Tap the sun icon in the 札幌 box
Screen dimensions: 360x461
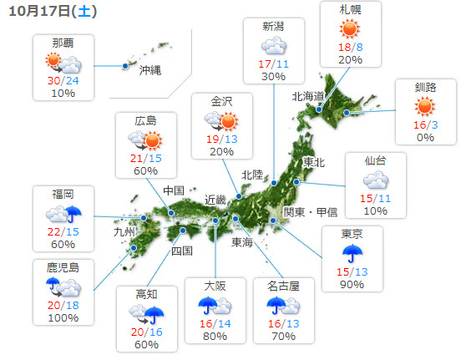click(x=351, y=30)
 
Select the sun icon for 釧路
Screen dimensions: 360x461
click(x=425, y=106)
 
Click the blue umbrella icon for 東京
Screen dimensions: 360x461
click(x=352, y=253)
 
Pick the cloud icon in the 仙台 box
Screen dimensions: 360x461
click(x=375, y=180)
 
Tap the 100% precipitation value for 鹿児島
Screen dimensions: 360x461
click(x=63, y=318)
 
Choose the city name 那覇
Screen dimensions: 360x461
click(x=63, y=43)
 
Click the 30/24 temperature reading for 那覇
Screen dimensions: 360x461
click(x=63, y=80)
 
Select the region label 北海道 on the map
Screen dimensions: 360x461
click(x=307, y=97)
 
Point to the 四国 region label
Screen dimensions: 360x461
click(x=182, y=250)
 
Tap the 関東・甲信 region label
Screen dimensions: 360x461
click(x=310, y=211)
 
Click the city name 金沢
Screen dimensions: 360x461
click(x=221, y=101)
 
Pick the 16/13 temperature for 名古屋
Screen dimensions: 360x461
click(x=286, y=323)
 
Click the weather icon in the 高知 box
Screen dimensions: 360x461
click(x=146, y=315)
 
